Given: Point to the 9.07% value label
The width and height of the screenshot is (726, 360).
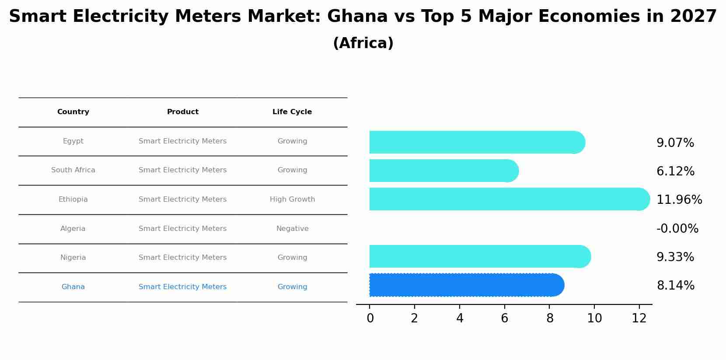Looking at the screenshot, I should click(675, 143).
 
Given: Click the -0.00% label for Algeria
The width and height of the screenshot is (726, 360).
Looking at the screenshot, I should click(677, 229).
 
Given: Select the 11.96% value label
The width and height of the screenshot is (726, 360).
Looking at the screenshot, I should click(679, 200).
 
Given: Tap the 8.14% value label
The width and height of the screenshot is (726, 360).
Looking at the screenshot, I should click(675, 286).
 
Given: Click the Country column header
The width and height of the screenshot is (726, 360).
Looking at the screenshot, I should click(73, 112).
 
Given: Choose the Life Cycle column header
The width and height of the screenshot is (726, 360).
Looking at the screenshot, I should click(292, 112).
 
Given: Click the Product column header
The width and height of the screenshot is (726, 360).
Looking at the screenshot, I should click(182, 112).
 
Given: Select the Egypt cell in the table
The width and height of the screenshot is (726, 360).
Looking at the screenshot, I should click(73, 141).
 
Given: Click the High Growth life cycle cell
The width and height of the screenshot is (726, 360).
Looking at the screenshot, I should click(292, 199).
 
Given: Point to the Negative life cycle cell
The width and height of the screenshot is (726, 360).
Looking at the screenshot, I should click(292, 229).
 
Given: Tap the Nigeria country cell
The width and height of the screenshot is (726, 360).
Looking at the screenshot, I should click(73, 258).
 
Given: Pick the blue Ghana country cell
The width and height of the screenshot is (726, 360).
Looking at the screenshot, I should click(73, 287).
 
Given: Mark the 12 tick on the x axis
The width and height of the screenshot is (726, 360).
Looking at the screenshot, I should click(639, 318).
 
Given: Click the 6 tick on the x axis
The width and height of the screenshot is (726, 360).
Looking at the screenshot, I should click(504, 318).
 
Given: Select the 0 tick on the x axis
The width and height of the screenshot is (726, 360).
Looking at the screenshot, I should click(370, 318).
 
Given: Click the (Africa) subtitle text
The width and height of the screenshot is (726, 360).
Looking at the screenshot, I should click(363, 43).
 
